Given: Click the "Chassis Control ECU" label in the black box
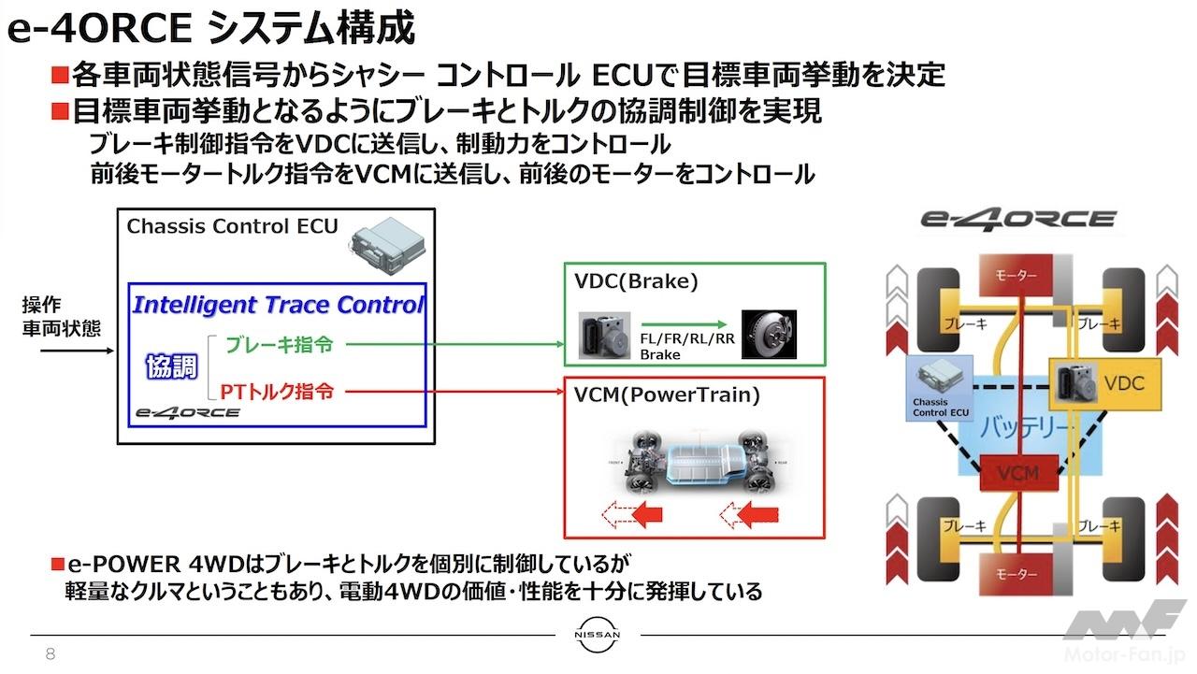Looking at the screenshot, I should [x=232, y=226].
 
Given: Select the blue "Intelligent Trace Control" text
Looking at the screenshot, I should [x=278, y=305].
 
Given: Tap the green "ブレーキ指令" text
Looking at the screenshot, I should [x=279, y=345].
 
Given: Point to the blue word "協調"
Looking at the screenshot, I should [x=171, y=367].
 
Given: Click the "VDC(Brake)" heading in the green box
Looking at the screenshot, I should [x=637, y=281].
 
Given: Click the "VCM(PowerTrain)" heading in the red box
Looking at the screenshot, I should [x=666, y=395].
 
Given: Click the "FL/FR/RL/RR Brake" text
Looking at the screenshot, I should [x=686, y=346].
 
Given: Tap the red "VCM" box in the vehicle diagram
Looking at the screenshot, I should [x=1017, y=473].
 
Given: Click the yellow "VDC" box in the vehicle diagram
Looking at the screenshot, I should [x=1105, y=383].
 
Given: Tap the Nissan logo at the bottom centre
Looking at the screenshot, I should [x=598, y=636].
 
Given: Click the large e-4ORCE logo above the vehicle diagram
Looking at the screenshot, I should [x=1017, y=219].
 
